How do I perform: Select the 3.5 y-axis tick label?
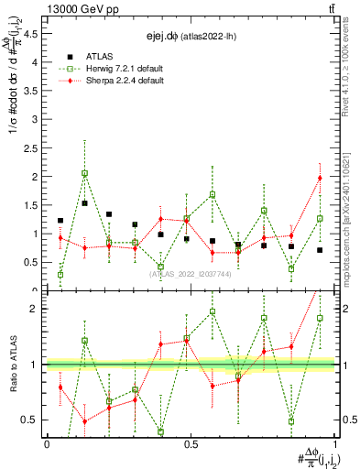pos(28,90)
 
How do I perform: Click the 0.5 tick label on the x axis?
pos(191,444)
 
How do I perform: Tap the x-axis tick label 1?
pos(334,444)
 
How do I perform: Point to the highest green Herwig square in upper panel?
pos(84,173)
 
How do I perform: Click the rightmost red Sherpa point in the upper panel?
pos(320,178)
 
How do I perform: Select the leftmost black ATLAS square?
pos(60,221)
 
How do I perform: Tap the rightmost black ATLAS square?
pos(320,250)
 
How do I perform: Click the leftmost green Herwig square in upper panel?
pos(60,275)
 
